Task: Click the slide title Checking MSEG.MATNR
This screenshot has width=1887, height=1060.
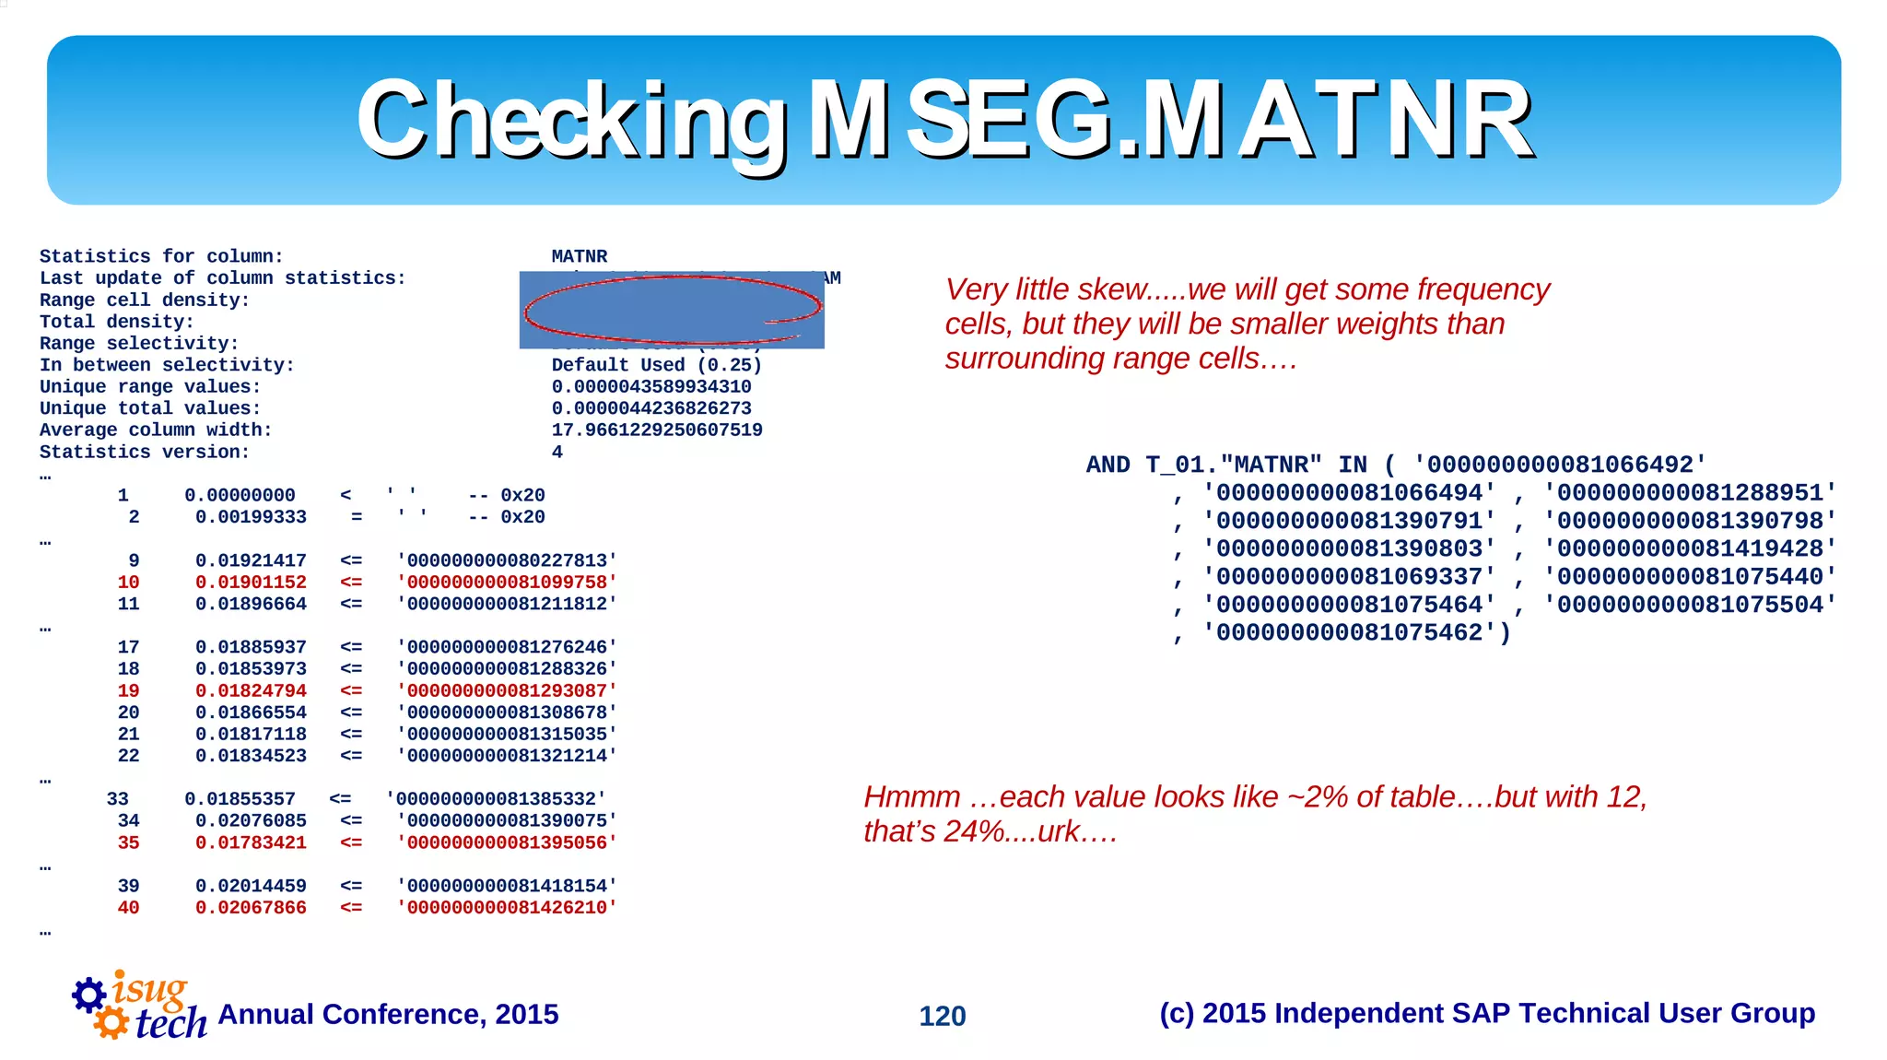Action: pos(943,120)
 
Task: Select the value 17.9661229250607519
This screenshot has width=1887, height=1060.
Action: pos(656,430)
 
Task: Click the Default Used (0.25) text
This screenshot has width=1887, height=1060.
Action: pos(656,365)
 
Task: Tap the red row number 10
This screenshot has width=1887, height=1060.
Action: pos(128,583)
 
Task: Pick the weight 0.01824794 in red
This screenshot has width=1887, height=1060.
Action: pos(251,691)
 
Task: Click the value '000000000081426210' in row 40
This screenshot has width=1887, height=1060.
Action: pos(507,908)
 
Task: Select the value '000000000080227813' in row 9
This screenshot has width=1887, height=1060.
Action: pos(507,561)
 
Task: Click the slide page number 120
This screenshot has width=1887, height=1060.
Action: pos(942,1016)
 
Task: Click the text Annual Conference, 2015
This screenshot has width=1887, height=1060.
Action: pos(388,1014)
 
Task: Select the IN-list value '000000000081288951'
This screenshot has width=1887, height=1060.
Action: pos(1690,493)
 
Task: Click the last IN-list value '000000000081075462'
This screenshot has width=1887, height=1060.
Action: pos(1349,633)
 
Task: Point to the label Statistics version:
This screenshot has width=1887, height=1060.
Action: pos(145,453)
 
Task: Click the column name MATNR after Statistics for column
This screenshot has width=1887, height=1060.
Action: pos(579,256)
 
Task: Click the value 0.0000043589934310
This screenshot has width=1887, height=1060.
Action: pos(650,387)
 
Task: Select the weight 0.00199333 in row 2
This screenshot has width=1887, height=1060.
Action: pos(251,518)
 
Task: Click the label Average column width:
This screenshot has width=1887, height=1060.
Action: pos(156,430)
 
